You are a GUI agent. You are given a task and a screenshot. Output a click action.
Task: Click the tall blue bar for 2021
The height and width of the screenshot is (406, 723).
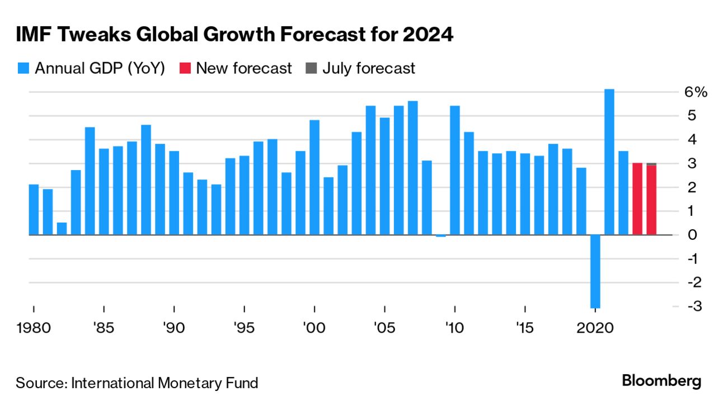pos(609,162)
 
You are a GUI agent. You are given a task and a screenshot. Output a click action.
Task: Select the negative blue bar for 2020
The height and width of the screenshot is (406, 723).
pos(595,271)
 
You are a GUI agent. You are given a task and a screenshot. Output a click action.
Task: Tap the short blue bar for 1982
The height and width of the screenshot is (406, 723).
pos(62,229)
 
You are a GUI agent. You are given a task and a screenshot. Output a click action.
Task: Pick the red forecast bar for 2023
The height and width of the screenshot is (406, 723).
pos(637,199)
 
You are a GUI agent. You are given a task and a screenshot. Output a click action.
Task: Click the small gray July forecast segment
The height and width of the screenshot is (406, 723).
pos(651,164)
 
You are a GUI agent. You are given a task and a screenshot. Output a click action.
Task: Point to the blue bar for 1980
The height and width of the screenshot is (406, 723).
pos(34,210)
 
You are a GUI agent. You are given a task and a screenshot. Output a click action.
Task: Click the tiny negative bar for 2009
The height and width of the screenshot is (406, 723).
pos(441,236)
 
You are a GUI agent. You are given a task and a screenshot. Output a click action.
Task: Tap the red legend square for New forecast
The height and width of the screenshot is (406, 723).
pos(185,69)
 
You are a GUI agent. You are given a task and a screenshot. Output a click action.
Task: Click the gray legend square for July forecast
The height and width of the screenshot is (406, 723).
pos(311,69)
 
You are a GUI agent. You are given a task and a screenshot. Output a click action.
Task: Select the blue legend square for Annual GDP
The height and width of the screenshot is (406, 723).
pos(23,69)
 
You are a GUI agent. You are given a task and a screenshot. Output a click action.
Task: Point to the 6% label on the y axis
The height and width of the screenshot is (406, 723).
pos(697,92)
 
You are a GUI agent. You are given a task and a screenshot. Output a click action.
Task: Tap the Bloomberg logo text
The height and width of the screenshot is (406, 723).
pos(661,381)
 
